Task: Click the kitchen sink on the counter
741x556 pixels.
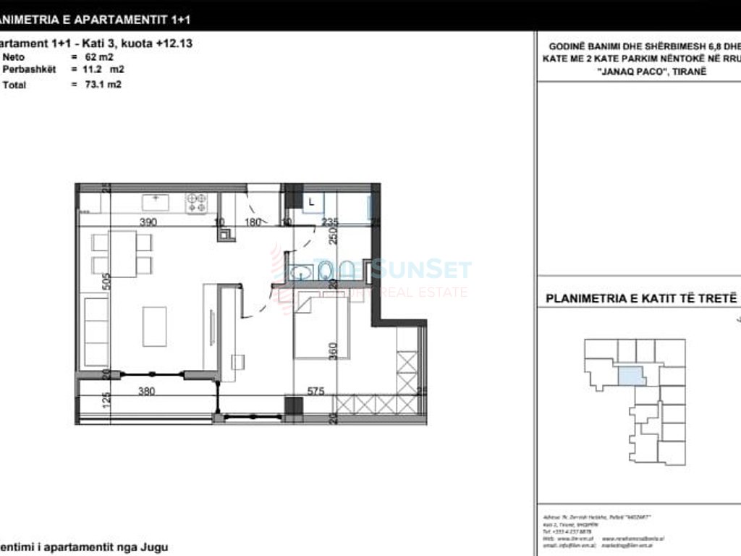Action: [x=155, y=202]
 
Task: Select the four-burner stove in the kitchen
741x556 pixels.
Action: [x=196, y=203]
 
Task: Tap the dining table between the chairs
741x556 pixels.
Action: [x=123, y=253]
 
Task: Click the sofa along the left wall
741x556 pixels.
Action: [x=94, y=332]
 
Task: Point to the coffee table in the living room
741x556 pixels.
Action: [x=154, y=327]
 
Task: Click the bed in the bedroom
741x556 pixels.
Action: [x=321, y=327]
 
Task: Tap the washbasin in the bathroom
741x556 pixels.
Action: [x=300, y=272]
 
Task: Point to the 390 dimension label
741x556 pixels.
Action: [x=148, y=222]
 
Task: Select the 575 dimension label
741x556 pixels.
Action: [x=315, y=392]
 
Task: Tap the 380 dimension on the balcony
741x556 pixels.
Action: [x=148, y=392]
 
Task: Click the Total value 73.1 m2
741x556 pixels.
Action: [x=101, y=85]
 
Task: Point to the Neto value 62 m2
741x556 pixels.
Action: [x=98, y=56]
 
